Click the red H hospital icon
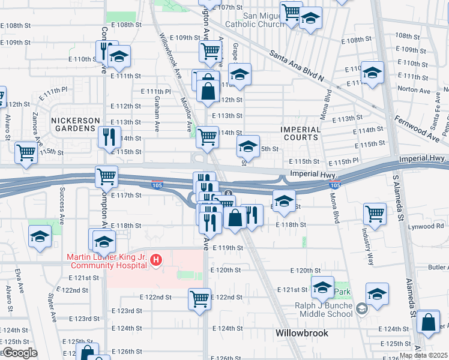pos(156,260)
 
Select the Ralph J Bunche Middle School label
pos(323,309)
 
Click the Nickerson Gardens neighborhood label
pos(75,125)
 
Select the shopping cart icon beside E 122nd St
pos(199,298)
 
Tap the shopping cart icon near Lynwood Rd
pos(375,212)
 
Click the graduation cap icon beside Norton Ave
pos(372,73)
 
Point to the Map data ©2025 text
pos(423,355)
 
